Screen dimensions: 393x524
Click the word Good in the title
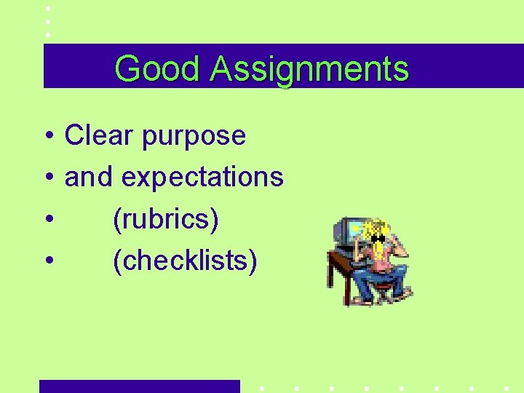[156, 69]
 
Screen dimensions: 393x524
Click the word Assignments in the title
[309, 69]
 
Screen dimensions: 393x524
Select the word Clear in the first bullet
[99, 135]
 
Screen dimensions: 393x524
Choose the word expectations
[202, 178]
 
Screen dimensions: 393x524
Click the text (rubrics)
[166, 219]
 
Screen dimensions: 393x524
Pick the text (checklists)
[185, 261]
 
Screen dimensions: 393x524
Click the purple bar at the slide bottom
[138, 386]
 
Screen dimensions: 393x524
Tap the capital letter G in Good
[127, 69]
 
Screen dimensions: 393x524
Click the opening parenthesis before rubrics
[117, 220]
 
